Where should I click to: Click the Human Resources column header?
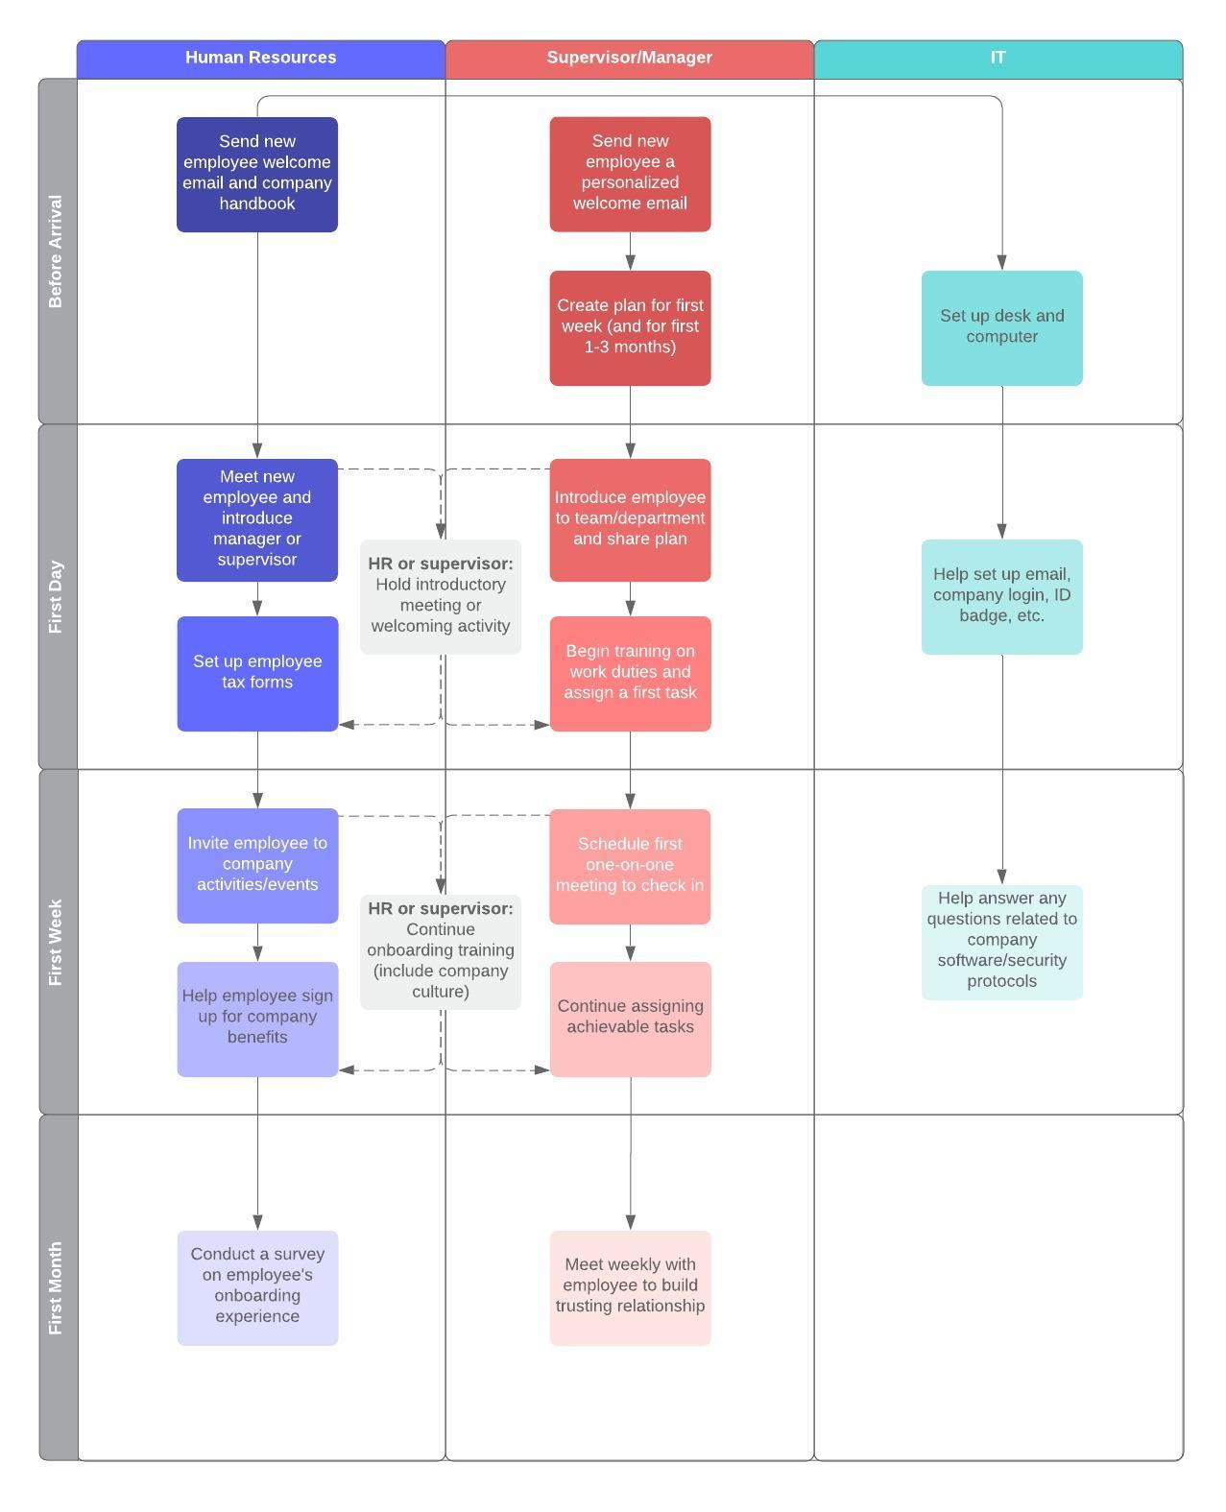[x=260, y=58]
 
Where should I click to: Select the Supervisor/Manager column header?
[x=629, y=58]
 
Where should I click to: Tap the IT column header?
[x=998, y=58]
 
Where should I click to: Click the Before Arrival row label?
[x=57, y=252]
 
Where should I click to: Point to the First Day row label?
[x=57, y=596]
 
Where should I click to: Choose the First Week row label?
[x=57, y=942]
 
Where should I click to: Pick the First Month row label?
[x=57, y=1287]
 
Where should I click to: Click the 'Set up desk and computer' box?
[x=1001, y=327]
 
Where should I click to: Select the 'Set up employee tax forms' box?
[x=257, y=673]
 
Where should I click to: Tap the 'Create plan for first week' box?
[x=630, y=327]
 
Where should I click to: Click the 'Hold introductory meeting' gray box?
[x=441, y=596]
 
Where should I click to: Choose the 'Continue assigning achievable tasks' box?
[x=630, y=1019]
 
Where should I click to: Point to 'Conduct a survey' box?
[x=257, y=1287]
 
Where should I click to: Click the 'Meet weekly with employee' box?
[x=630, y=1287]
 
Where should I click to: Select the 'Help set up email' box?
[x=1001, y=596]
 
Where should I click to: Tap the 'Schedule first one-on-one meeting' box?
[x=630, y=866]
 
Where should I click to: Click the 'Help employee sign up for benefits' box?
[x=257, y=1019]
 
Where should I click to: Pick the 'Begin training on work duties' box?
[x=630, y=673]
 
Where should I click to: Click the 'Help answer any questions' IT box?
[x=1001, y=942]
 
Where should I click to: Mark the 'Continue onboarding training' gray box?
[x=441, y=951]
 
